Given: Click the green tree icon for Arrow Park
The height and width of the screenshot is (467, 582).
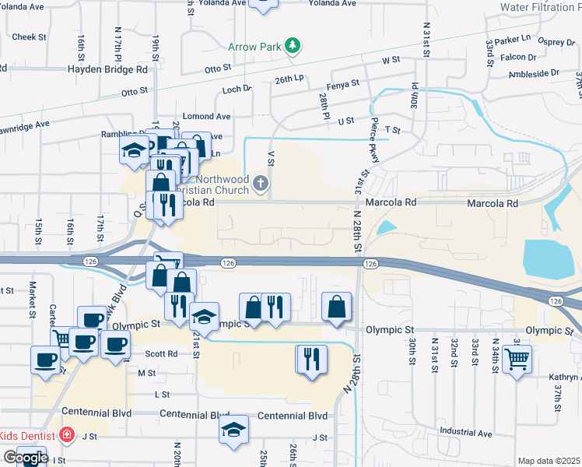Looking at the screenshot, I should click(x=293, y=46).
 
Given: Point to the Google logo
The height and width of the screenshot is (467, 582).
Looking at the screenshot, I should click(x=26, y=458).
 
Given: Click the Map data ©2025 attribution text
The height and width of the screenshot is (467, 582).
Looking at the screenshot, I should click(x=549, y=461).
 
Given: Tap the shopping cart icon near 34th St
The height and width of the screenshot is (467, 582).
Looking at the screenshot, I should click(x=517, y=360).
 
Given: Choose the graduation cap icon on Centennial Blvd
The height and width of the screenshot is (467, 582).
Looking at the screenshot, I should click(x=233, y=430).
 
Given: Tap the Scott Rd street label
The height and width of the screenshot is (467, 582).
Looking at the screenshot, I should click(x=162, y=353).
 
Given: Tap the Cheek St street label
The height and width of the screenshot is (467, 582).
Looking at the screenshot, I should click(x=30, y=37).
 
